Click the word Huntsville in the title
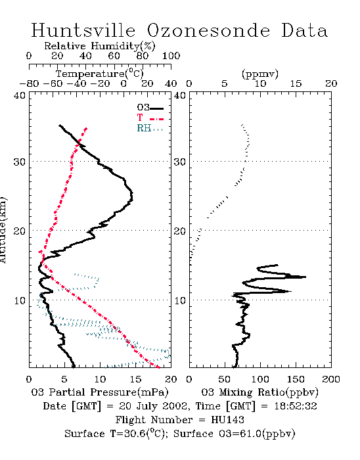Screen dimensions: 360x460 coord(83,30)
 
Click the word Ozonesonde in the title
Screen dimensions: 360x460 coord(208,30)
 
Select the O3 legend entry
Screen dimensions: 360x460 coord(150,108)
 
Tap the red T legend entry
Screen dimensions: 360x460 coord(150,118)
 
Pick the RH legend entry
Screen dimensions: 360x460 coord(150,128)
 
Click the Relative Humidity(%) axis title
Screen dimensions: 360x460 coord(100,46)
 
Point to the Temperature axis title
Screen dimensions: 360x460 coord(100,74)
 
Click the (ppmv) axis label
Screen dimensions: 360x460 coord(260,74)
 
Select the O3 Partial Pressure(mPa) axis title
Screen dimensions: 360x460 coord(100,392)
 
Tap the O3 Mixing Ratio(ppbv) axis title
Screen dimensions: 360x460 coord(259,392)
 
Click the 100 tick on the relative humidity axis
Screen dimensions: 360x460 coord(171,56)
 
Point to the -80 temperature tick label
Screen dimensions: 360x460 coord(29,84)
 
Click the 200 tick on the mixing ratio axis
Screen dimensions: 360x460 coord(331,379)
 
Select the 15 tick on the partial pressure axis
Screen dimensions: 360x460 coord(135,379)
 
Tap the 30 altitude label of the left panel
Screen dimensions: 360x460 coord(20,162)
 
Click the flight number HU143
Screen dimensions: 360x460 coord(227,420)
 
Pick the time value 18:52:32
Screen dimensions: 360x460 coord(296,406)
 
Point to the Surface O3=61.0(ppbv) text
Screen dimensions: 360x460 coord(234,434)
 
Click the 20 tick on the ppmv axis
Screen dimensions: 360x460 coord(331,84)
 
